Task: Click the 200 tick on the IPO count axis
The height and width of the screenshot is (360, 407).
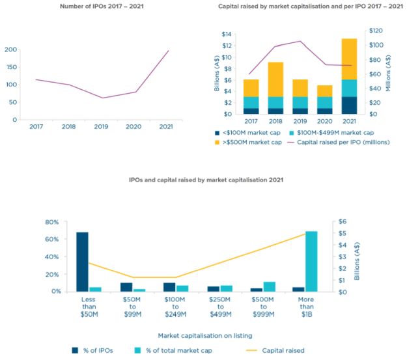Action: tap(10, 49)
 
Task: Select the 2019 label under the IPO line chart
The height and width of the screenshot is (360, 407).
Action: tap(102, 127)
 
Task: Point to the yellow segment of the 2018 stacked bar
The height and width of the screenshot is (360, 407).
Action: tap(275, 79)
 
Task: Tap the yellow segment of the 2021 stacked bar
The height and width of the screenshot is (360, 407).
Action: tap(350, 59)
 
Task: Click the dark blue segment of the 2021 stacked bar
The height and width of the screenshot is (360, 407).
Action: tap(350, 105)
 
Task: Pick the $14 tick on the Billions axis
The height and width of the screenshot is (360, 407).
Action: tap(226, 34)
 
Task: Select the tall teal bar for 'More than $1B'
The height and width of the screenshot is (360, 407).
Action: tap(311, 261)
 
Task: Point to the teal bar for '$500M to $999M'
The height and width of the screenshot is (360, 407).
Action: tap(270, 286)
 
